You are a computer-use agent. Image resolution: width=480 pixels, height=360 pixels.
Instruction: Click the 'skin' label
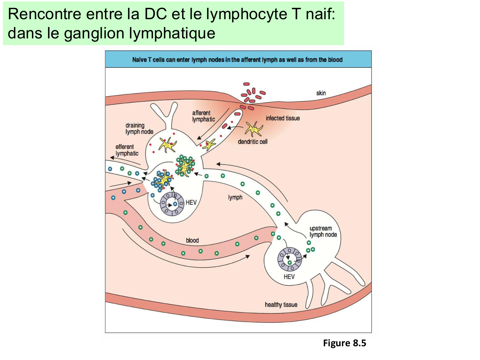point(321,93)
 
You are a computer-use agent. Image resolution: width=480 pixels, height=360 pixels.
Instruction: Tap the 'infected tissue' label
point(283,118)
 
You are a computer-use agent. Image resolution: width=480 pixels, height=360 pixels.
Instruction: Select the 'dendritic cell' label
point(252,142)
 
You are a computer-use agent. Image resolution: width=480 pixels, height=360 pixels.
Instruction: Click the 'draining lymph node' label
point(139,128)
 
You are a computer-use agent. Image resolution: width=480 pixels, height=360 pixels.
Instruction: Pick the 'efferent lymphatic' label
point(127,150)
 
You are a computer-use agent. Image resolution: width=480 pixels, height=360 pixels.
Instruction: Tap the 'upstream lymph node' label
point(323,231)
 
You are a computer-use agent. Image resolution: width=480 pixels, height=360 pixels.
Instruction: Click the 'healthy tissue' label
point(281,305)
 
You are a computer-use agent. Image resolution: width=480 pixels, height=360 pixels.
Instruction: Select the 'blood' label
point(192,240)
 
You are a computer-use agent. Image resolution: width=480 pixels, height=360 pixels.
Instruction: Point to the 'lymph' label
point(235,197)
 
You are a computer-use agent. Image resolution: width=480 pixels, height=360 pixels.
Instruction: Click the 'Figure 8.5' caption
point(344,343)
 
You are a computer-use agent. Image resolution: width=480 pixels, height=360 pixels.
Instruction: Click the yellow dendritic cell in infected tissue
point(254,129)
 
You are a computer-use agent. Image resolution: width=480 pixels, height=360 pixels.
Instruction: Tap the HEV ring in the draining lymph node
point(172,204)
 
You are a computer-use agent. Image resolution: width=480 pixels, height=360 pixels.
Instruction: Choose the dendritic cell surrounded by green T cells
point(185,165)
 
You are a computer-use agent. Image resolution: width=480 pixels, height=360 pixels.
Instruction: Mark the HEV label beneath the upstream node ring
point(289,276)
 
